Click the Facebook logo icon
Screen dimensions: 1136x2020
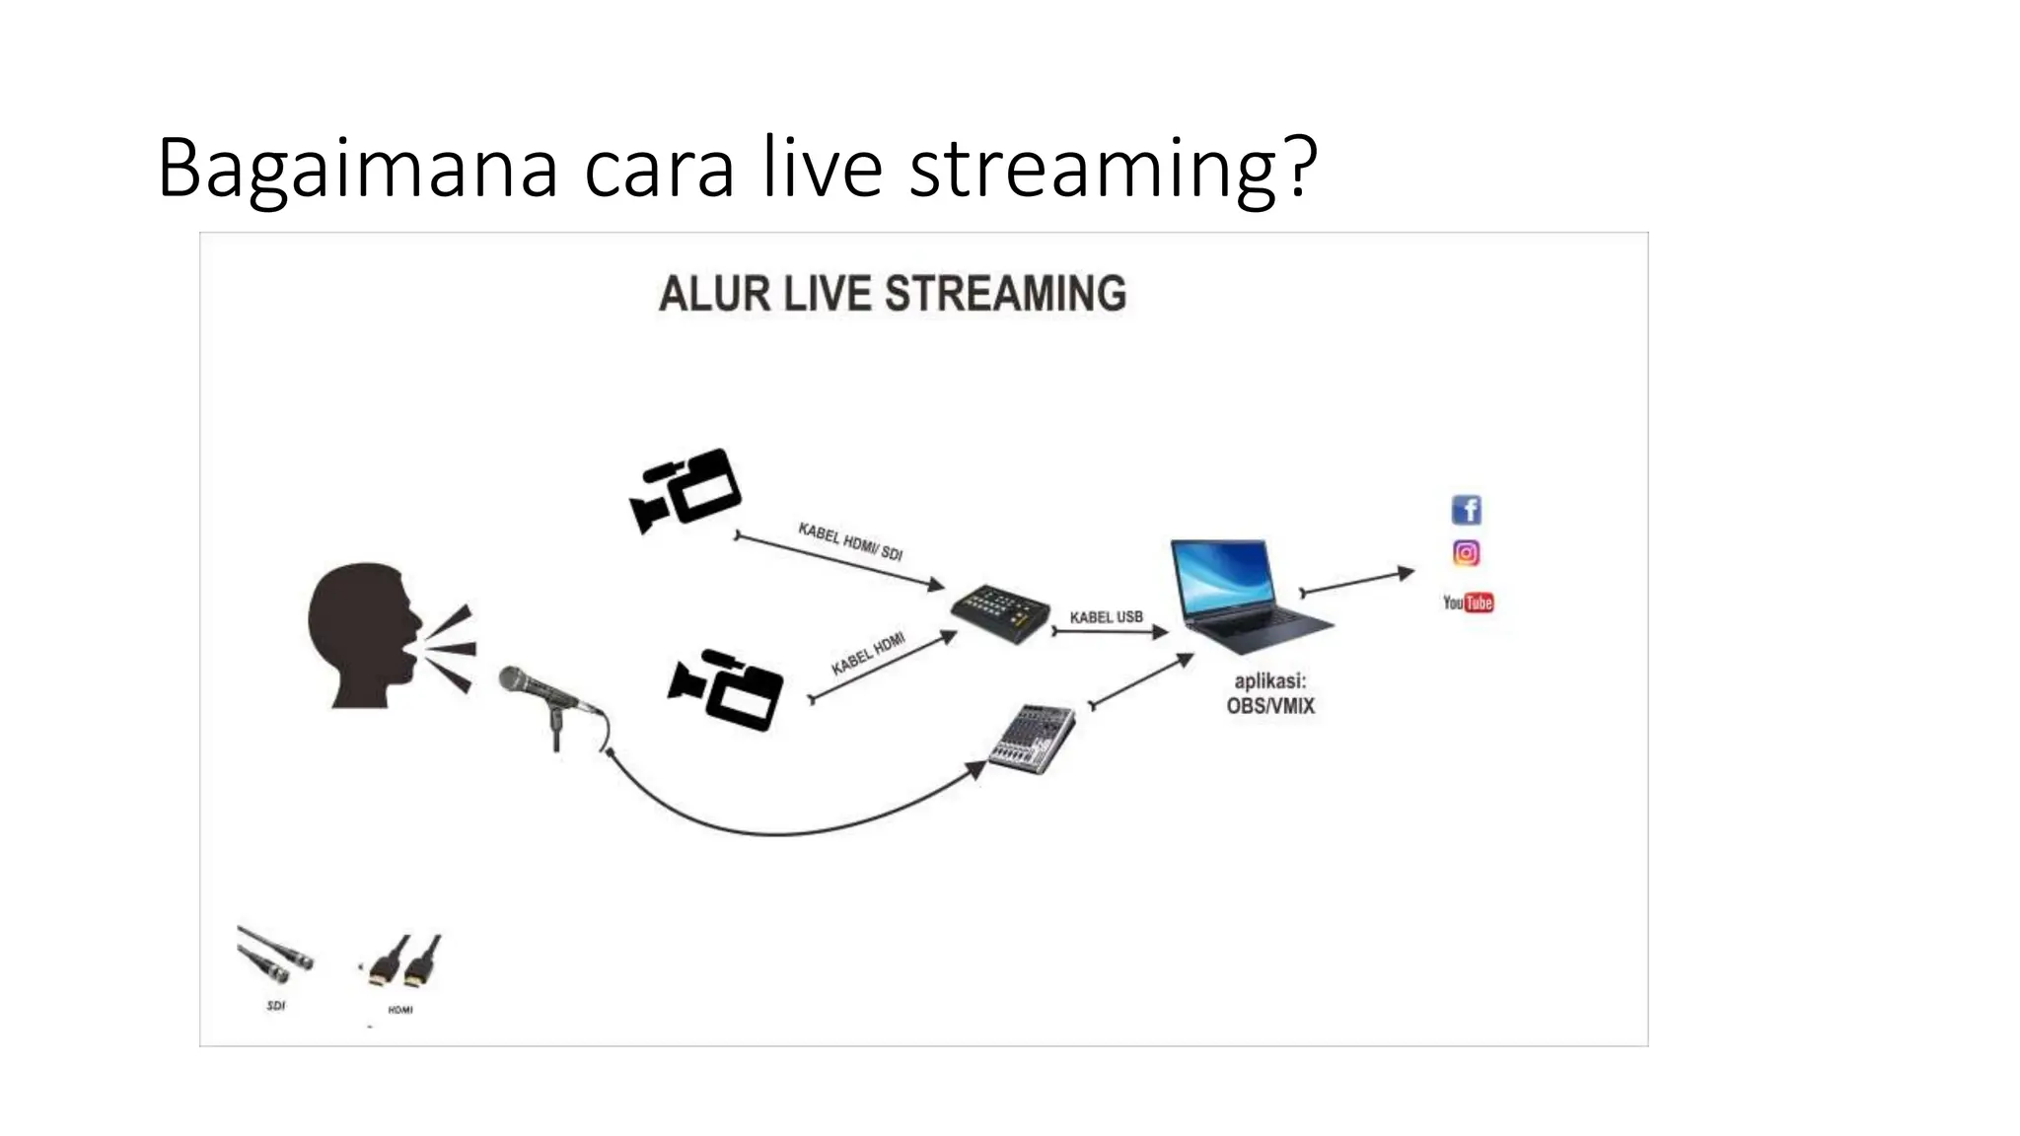point(1467,510)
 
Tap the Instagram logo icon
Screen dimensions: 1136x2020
point(1467,553)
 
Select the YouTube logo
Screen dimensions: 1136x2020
point(1468,603)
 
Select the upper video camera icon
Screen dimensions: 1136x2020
point(686,489)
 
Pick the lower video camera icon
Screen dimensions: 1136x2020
point(726,688)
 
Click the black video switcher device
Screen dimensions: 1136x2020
point(1000,613)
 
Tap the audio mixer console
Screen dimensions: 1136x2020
point(1032,738)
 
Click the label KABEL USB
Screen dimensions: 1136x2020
point(1106,617)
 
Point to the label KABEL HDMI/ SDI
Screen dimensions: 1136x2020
point(850,540)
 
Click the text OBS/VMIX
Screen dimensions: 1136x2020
point(1270,706)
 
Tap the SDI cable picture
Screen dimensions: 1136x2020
point(275,955)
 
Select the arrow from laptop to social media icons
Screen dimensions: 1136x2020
point(1357,581)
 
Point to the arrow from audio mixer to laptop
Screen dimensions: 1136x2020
point(1141,680)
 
